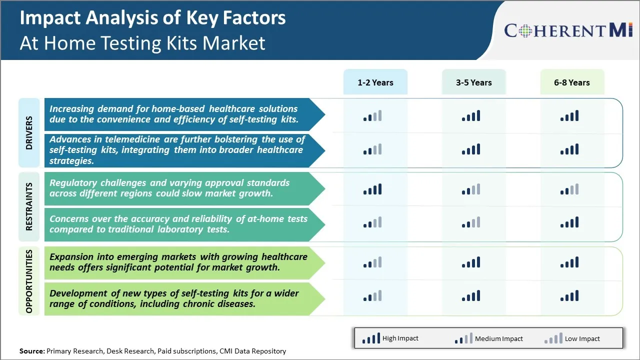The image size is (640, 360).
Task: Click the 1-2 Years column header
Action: coord(375,82)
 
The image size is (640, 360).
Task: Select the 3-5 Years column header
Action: coord(473,82)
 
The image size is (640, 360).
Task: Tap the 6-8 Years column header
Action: coord(572,82)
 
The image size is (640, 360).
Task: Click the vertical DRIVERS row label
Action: coord(29,133)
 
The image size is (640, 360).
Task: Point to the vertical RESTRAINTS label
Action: coord(29,206)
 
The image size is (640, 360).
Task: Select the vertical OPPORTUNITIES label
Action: coord(29,281)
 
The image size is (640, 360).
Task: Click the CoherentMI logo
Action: coord(568,30)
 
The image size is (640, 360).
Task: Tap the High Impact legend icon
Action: coord(371,338)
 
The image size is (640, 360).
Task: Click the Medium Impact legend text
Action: coord(499,338)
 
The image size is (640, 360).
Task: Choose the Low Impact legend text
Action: coord(582,338)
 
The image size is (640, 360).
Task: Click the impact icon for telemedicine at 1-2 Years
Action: coord(372,149)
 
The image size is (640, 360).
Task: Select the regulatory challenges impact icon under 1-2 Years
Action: coord(372,189)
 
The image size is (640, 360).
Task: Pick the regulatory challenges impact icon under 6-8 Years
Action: coord(569,189)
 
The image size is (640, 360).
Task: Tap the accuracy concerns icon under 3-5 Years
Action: coord(471,222)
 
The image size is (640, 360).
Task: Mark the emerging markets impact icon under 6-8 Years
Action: coord(569,262)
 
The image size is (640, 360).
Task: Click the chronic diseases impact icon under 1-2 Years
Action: coord(372,295)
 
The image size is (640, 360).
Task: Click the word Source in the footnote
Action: coord(32,351)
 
